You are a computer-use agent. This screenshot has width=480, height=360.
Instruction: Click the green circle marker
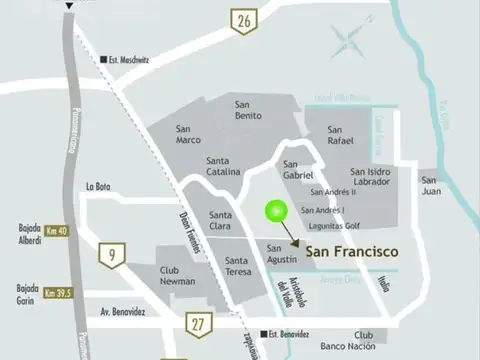tap(276, 211)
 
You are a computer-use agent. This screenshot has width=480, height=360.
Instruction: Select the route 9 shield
tap(110, 256)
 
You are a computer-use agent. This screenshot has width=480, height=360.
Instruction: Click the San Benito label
tap(248, 110)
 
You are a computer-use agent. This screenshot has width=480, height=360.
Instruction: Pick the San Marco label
tap(188, 134)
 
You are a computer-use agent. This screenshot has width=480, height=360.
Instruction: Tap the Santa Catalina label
tap(223, 166)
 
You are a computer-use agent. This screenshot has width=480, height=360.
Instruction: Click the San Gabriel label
tap(298, 170)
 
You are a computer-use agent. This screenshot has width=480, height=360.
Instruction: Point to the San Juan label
tap(431, 186)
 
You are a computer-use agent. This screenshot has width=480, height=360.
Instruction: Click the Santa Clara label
tap(221, 221)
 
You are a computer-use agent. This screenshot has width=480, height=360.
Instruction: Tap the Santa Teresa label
tap(231, 265)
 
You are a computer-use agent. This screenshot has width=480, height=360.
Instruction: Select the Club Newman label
tap(176, 275)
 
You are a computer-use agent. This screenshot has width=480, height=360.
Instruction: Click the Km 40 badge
tap(57, 230)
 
